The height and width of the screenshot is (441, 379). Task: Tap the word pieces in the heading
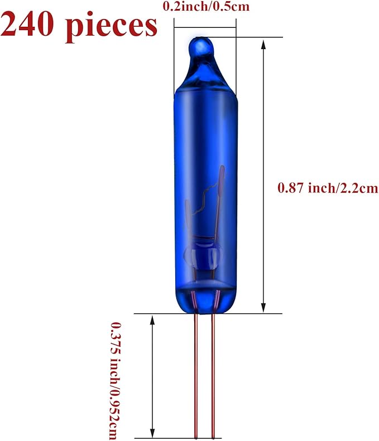(111, 27)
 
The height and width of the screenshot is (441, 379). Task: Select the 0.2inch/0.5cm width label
(207, 6)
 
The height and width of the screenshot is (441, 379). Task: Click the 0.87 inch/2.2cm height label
(328, 188)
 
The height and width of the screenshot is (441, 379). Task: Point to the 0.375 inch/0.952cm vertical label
(115, 381)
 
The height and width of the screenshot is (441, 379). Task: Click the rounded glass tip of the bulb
(201, 46)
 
